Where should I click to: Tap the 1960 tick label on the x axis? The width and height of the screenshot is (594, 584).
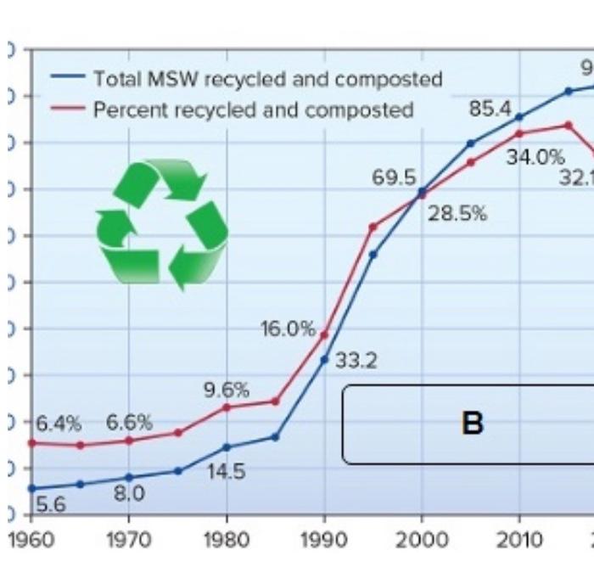(x=31, y=540)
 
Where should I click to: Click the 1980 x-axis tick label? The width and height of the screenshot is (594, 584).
(x=227, y=540)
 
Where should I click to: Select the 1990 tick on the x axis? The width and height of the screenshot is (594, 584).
(x=324, y=540)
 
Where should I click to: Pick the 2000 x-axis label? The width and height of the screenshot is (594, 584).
(x=422, y=540)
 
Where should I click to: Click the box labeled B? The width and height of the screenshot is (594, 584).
(x=471, y=424)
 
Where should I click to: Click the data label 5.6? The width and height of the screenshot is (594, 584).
(x=51, y=505)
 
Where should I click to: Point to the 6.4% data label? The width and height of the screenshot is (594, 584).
(x=59, y=423)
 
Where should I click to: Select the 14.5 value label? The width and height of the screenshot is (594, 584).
(x=227, y=472)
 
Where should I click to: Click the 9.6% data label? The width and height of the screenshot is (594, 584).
(x=227, y=390)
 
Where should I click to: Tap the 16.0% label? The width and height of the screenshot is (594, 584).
(x=288, y=329)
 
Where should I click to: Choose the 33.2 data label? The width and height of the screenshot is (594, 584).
(x=356, y=361)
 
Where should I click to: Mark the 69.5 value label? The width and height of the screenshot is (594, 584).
(x=394, y=179)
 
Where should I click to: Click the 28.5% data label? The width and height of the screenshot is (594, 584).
(x=457, y=214)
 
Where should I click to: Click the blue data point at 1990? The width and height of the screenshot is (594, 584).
(x=324, y=359)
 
